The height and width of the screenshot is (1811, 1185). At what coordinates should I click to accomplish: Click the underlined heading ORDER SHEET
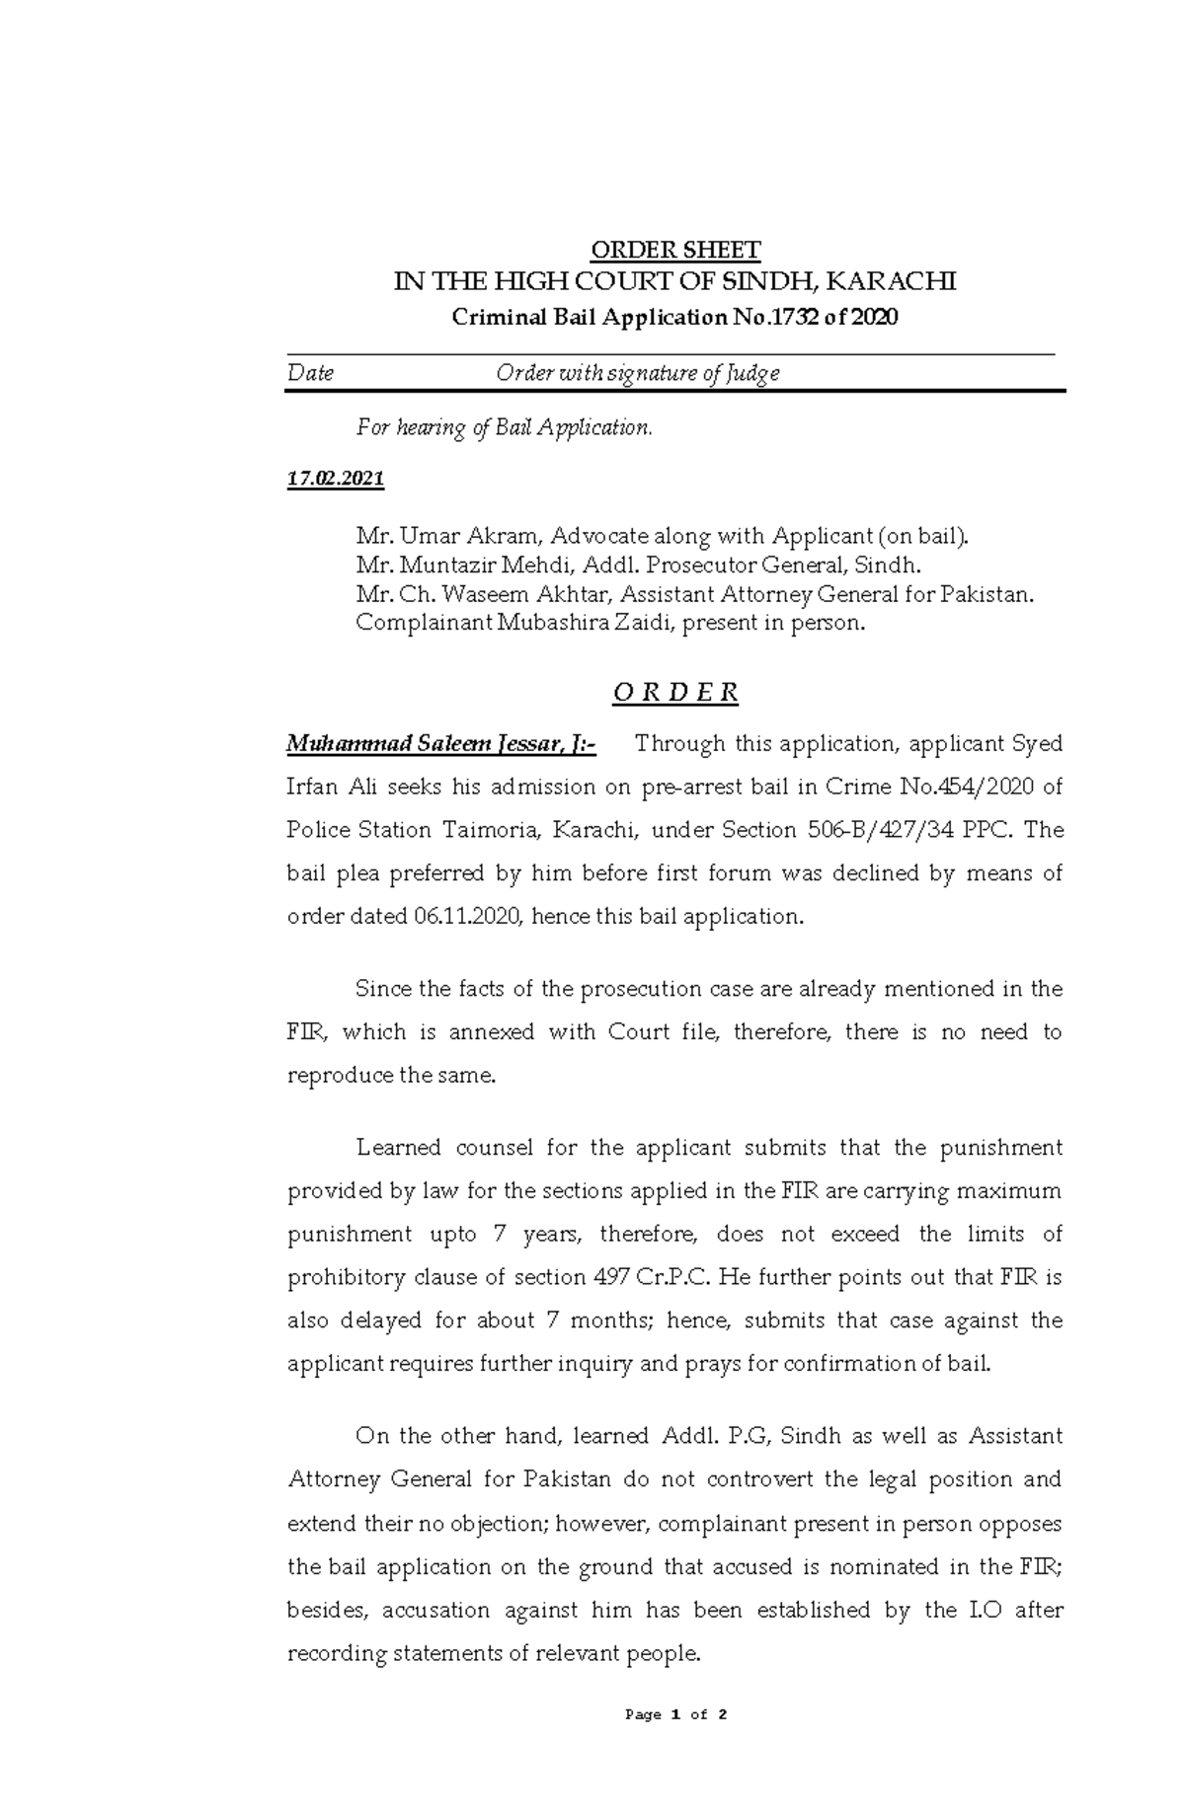(674, 249)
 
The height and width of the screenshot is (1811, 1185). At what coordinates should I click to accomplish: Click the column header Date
(310, 373)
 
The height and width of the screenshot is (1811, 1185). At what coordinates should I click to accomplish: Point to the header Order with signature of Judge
(637, 373)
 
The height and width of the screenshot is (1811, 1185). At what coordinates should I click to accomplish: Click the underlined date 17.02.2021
(335, 480)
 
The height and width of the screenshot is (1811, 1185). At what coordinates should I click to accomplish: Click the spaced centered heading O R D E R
(674, 693)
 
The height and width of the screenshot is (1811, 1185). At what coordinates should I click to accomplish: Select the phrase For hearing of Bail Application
(504, 428)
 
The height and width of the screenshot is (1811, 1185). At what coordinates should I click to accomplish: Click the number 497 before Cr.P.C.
(605, 1278)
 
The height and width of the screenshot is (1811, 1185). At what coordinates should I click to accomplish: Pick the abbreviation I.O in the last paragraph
(973, 1611)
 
